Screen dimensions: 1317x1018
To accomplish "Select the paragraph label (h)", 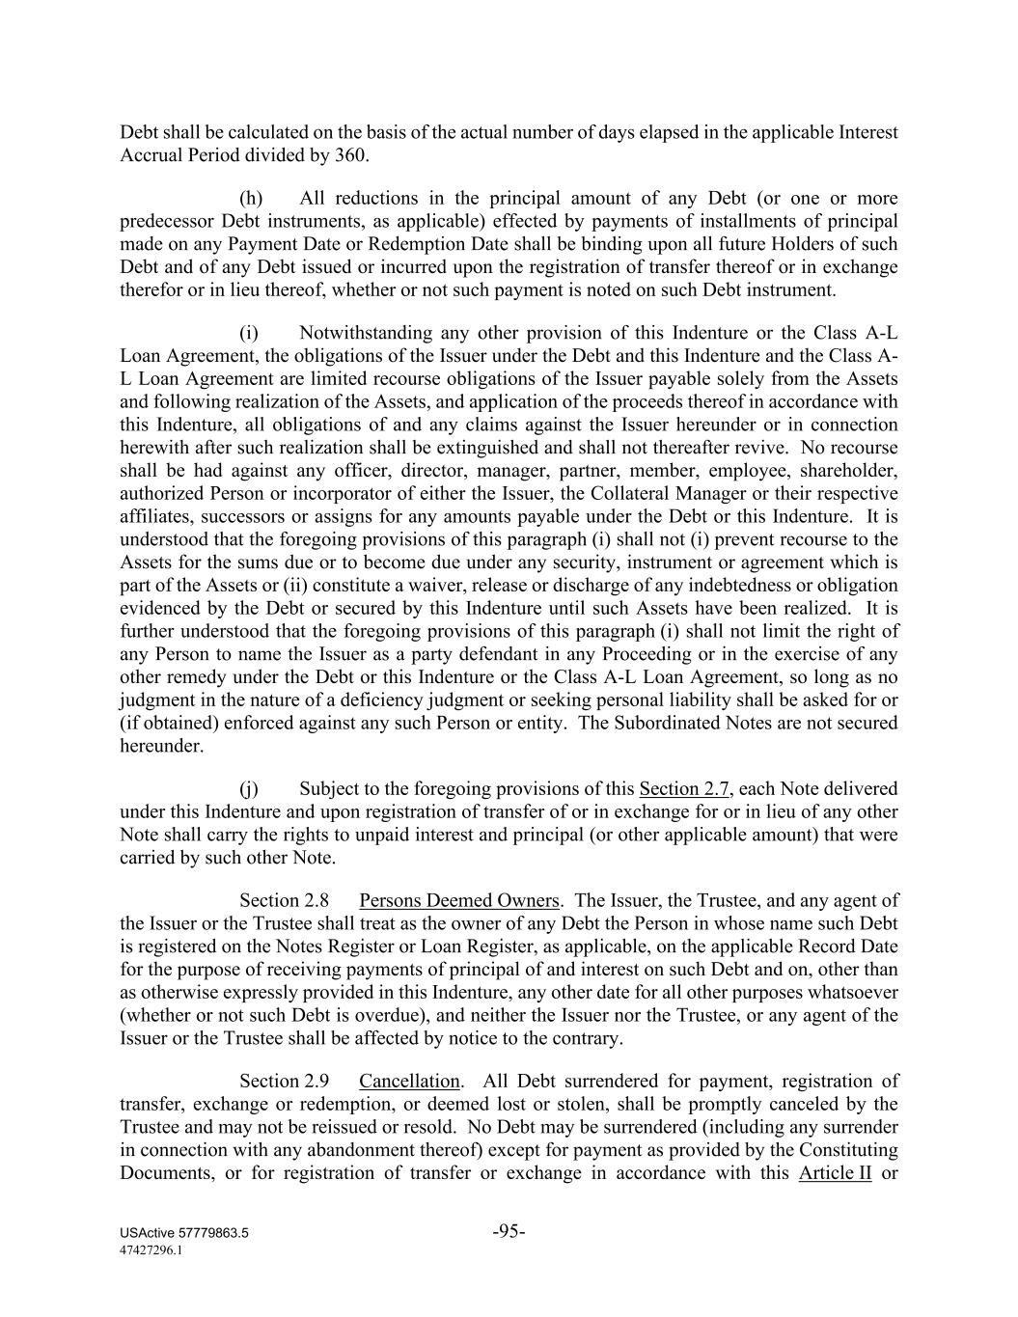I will [251, 199].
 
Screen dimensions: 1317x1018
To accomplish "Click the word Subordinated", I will [664, 724].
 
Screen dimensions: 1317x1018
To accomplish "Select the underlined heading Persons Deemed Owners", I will [458, 901].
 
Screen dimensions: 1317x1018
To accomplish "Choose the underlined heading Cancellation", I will [409, 1082].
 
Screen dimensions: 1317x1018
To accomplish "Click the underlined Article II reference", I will [835, 1174].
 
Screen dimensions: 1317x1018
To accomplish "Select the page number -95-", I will [509, 1231].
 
